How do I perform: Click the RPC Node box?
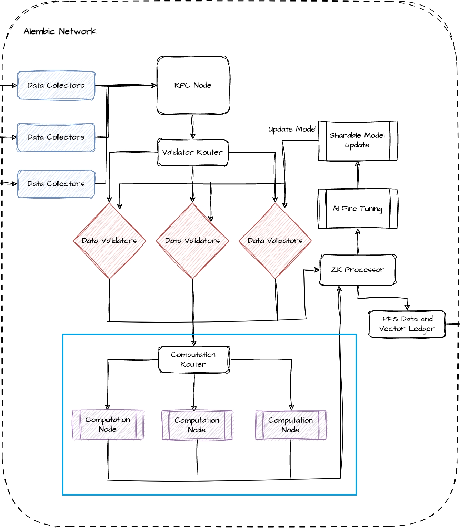click(193, 85)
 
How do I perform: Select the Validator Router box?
click(193, 152)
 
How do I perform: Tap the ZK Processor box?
click(358, 270)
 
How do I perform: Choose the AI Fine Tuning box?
click(358, 209)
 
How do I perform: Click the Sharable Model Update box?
click(358, 141)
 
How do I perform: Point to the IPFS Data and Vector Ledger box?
click(407, 324)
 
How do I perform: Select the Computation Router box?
click(193, 359)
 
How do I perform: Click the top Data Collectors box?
click(56, 85)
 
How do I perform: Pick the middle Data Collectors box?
click(56, 137)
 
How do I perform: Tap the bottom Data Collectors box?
click(56, 184)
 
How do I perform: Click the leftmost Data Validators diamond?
click(109, 241)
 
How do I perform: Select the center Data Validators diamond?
click(192, 241)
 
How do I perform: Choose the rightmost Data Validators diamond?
click(275, 241)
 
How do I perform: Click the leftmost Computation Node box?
click(108, 424)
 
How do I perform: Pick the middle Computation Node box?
click(197, 425)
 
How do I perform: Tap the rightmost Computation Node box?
click(291, 425)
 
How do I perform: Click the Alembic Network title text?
click(60, 31)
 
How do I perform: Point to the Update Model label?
click(292, 129)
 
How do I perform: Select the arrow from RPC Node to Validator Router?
click(193, 127)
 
